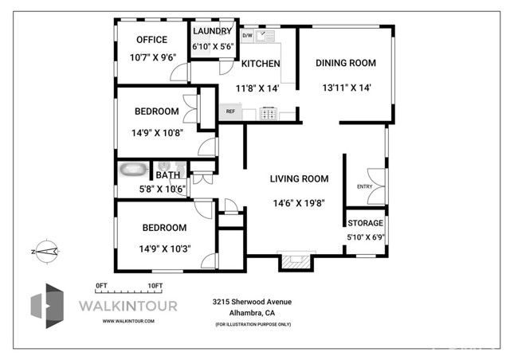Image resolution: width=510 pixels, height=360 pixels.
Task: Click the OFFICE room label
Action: [x=151, y=40]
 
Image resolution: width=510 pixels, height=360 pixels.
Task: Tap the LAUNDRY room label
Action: [x=212, y=31]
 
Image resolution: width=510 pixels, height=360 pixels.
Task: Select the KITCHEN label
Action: [x=261, y=64]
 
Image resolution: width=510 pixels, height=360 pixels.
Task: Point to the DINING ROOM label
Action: [x=345, y=63]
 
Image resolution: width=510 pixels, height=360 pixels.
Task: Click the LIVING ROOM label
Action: [x=299, y=179]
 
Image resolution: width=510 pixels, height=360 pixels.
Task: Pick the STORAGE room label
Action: [x=365, y=223]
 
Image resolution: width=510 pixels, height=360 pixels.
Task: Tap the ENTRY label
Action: [x=364, y=186]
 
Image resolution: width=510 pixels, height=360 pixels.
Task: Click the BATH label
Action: [x=167, y=175]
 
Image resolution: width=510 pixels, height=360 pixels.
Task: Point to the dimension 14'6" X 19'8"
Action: [x=299, y=202]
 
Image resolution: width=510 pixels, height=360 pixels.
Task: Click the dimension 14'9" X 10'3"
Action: [x=159, y=248]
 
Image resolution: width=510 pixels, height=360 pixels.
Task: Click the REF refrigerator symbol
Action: [x=230, y=112]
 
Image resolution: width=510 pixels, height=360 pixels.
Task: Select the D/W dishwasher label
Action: [x=247, y=36]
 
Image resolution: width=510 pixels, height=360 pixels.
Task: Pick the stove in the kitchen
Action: [x=270, y=113]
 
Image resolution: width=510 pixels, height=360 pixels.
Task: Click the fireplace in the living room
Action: [x=296, y=261]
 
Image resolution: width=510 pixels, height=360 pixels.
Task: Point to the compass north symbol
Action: [x=45, y=250]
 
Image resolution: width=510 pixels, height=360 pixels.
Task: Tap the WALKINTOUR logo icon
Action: [x=47, y=306]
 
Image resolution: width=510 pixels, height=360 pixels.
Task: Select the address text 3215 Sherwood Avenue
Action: [x=252, y=302]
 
